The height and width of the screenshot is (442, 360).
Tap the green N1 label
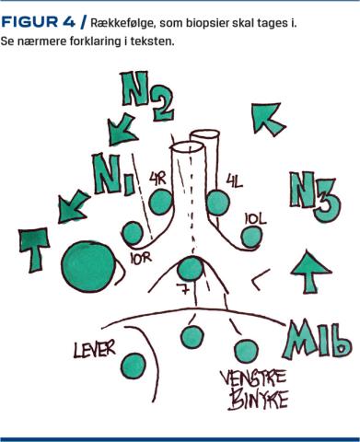pyautogui.click(x=113, y=174)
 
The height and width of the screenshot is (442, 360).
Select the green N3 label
pyautogui.click(x=315, y=196)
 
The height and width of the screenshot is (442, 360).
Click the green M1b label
pyautogui.click(x=317, y=340)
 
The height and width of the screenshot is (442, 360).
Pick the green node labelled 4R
pyautogui.click(x=160, y=203)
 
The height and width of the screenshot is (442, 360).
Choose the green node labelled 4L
pyautogui.click(x=217, y=203)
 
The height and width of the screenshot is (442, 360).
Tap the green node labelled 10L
pyautogui.click(x=251, y=237)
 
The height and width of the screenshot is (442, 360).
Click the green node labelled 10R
pyautogui.click(x=133, y=233)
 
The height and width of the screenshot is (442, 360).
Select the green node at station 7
pyautogui.click(x=191, y=269)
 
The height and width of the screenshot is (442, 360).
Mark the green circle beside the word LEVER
pyautogui.click(x=134, y=366)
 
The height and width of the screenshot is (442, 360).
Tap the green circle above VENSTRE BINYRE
pyautogui.click(x=246, y=351)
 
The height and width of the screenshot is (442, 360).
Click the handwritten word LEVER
pyautogui.click(x=95, y=348)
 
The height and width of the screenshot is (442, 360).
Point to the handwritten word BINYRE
pyautogui.click(x=258, y=399)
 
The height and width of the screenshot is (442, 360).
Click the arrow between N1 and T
pyautogui.click(x=74, y=206)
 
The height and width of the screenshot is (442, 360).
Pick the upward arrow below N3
pyautogui.click(x=311, y=272)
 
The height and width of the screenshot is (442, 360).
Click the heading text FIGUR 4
pyautogui.click(x=38, y=22)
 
